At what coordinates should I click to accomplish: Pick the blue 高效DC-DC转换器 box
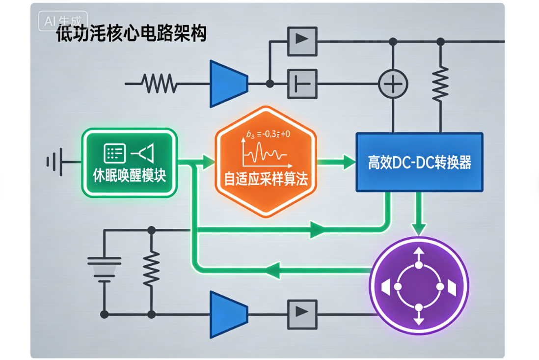click(419, 162)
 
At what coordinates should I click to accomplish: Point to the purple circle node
click(419, 286)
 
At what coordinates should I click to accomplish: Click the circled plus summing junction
click(393, 83)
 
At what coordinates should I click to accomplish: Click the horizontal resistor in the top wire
click(159, 83)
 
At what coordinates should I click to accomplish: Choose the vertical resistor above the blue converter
click(440, 83)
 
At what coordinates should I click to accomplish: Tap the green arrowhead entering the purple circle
click(419, 228)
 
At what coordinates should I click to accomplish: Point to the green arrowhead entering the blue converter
click(349, 161)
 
